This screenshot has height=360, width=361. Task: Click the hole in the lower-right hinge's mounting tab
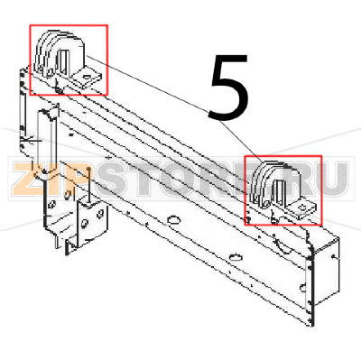[304, 209]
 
